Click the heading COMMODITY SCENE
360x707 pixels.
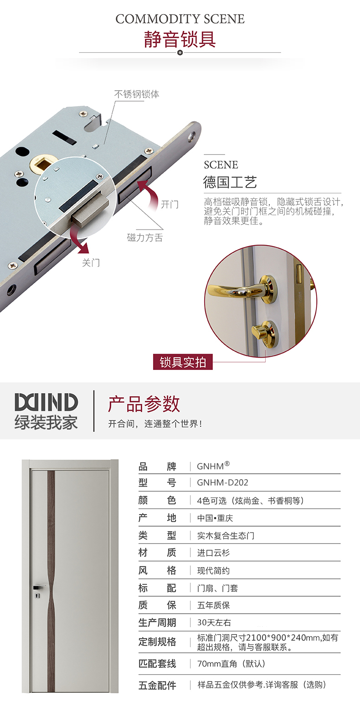click(x=180, y=19)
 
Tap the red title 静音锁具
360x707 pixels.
click(x=180, y=40)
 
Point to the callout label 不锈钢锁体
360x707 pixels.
click(x=136, y=94)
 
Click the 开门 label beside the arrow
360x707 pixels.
click(x=170, y=204)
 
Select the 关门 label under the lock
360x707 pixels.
click(x=91, y=262)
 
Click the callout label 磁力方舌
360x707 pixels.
click(x=145, y=237)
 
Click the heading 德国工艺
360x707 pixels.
click(x=230, y=182)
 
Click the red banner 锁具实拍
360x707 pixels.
click(x=183, y=362)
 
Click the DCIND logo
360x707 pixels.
click(x=46, y=402)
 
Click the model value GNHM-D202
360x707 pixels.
click(x=223, y=482)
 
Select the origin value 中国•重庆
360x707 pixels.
click(x=215, y=518)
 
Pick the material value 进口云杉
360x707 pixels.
click(x=213, y=553)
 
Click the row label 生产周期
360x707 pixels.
click(x=157, y=622)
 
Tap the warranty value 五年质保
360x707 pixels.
click(x=213, y=605)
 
